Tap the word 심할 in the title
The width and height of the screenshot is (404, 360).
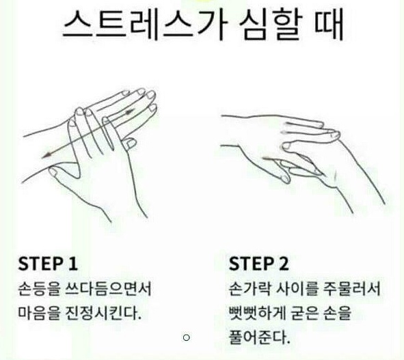(x=270, y=25)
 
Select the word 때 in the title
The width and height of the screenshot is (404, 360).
(x=329, y=25)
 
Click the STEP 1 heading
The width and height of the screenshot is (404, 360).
(x=48, y=264)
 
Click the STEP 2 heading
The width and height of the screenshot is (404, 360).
(x=258, y=264)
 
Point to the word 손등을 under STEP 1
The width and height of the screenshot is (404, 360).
(x=39, y=289)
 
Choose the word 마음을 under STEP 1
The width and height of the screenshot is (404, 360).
(x=39, y=313)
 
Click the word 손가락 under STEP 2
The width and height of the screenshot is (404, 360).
(x=250, y=289)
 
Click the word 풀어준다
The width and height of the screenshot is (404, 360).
(x=260, y=337)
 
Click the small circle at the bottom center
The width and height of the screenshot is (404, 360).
(x=187, y=337)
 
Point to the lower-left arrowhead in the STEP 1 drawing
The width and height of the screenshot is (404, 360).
(x=46, y=155)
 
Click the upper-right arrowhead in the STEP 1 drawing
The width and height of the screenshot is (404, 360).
(x=130, y=111)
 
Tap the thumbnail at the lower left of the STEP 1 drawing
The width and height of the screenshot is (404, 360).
(x=53, y=171)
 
